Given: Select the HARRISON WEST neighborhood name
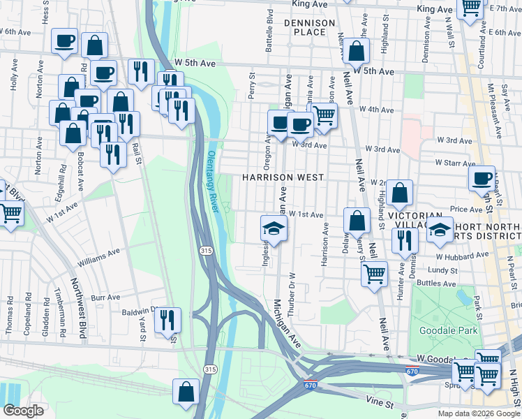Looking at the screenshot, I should (283, 177).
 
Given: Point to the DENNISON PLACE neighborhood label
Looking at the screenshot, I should (310, 27).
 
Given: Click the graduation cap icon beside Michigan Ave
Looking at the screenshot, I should (273, 229).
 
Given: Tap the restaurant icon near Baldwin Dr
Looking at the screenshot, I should (167, 321).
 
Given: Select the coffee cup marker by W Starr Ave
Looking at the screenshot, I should (482, 179).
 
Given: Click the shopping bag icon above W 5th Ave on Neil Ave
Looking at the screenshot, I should (356, 50).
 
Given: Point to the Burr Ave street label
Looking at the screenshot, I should (106, 297).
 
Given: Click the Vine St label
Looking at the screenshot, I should (381, 404).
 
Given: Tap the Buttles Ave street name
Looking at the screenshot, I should (437, 284).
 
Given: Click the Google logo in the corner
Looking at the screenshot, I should (23, 411).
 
